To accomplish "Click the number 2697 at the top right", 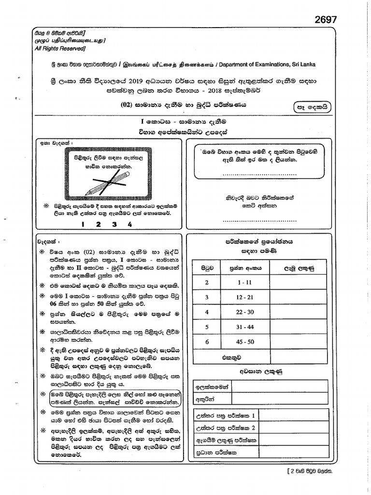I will point(325,19).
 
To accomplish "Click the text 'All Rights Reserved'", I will point(59,49).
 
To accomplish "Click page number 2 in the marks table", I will point(206,282).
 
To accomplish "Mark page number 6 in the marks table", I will point(206,342).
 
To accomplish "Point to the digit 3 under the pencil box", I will point(114,224).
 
